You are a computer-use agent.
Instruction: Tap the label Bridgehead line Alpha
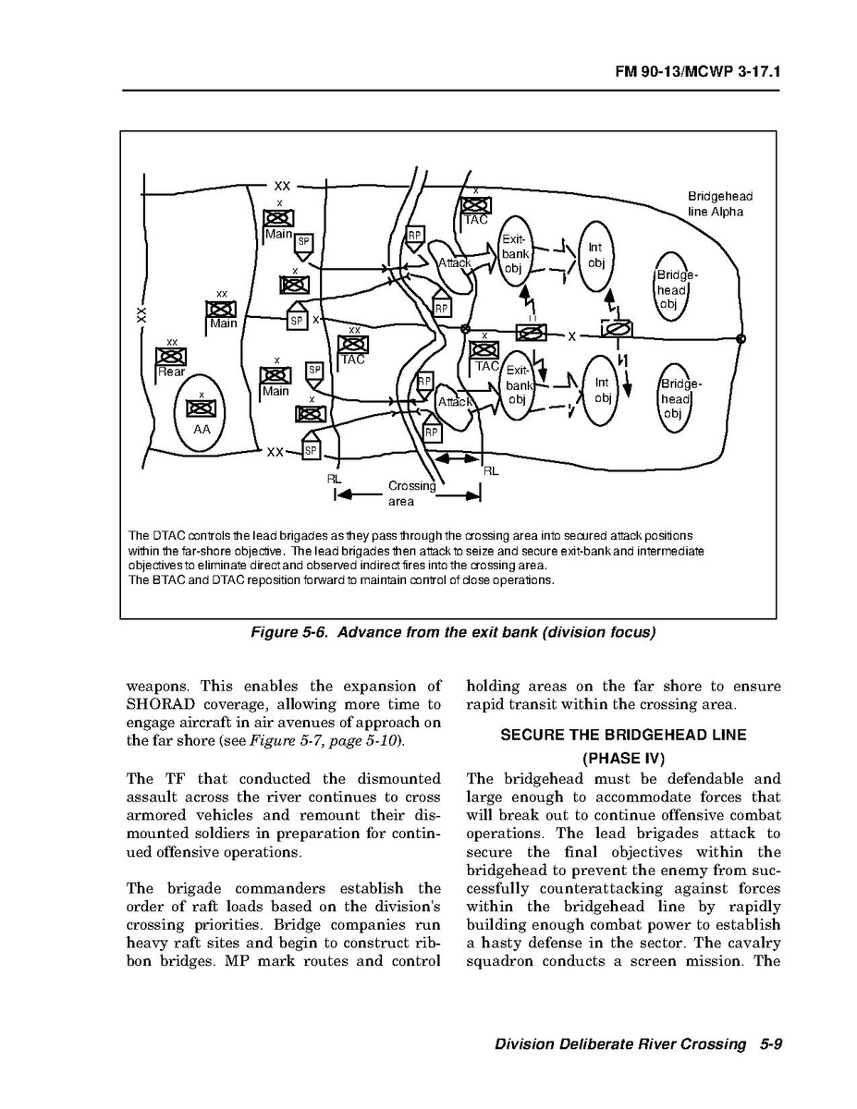719,203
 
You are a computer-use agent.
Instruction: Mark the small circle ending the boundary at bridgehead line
741,338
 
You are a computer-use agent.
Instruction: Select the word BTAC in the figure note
165,580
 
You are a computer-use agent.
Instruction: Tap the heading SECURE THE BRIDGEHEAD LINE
624,737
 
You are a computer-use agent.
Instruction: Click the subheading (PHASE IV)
624,759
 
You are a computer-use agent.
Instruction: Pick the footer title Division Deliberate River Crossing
619,1044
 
